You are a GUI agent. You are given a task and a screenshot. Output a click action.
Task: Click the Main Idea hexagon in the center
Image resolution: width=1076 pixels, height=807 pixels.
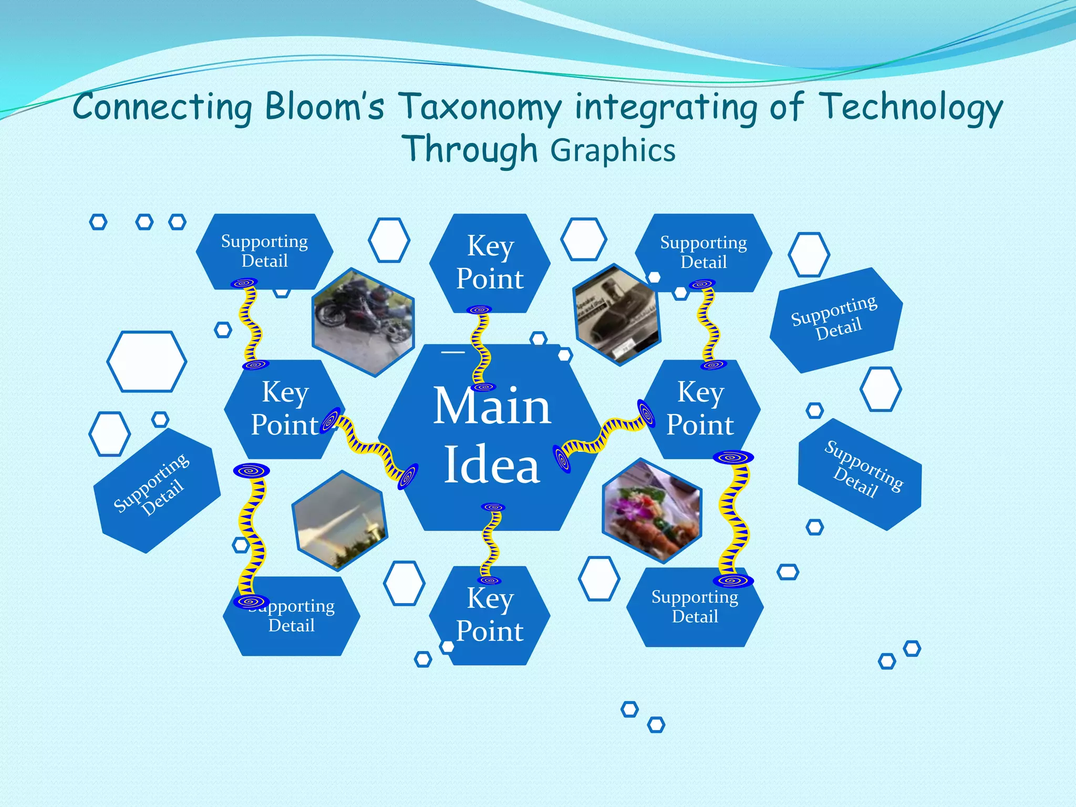(x=491, y=436)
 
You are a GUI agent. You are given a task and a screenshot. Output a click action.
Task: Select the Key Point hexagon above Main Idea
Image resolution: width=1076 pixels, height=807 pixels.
(x=490, y=263)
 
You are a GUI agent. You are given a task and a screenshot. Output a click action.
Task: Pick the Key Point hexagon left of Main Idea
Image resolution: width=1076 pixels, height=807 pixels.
(x=284, y=409)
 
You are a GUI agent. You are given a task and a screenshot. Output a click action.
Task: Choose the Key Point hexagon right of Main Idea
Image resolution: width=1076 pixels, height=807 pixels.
(x=700, y=409)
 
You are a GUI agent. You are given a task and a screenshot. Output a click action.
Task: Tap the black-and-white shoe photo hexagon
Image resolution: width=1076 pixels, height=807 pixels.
(x=616, y=315)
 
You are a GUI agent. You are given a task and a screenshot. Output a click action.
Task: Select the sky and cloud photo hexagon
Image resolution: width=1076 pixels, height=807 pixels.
(x=339, y=521)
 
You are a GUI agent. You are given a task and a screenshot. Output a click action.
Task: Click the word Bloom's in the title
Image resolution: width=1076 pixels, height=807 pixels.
(x=324, y=107)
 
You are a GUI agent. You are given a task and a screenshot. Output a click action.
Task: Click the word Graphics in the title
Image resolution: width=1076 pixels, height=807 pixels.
(x=613, y=151)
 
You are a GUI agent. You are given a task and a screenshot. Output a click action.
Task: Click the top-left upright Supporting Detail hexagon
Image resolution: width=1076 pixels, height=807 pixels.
(x=264, y=251)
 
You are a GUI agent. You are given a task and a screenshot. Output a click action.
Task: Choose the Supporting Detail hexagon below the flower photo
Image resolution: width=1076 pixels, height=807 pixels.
(x=695, y=607)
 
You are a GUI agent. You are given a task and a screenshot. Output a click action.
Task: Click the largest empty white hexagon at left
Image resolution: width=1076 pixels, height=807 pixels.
(x=147, y=361)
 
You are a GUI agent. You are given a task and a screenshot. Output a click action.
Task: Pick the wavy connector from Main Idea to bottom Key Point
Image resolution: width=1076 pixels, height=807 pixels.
(x=492, y=544)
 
